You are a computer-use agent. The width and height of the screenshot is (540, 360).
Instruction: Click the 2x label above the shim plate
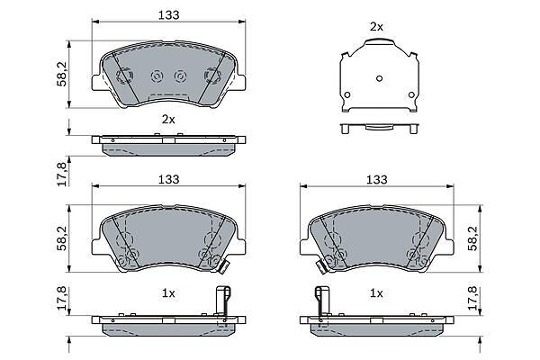376,27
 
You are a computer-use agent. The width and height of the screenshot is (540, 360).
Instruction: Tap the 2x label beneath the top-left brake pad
168,120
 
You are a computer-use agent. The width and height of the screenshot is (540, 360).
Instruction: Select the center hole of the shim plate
379,78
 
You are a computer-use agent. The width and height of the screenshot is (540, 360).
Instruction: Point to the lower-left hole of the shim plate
347,94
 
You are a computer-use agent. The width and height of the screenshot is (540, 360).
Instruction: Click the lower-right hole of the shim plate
411,94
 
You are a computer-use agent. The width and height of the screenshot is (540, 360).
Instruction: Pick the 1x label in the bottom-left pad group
168,293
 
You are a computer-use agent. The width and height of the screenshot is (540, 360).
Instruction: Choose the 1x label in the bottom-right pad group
376,293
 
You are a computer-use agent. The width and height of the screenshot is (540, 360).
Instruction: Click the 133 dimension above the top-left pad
169,15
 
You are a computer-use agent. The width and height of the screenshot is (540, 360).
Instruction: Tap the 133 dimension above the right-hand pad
377,179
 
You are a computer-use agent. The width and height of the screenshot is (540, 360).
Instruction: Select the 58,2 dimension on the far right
473,238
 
